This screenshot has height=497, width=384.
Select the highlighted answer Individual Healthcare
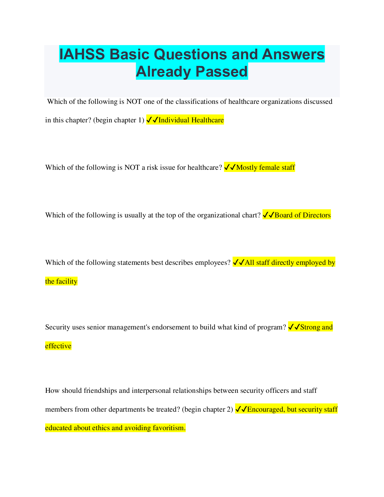[x=191, y=120]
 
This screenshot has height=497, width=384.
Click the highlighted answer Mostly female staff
[x=265, y=168]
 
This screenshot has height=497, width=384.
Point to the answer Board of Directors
[x=302, y=215]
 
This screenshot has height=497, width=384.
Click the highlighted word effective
[x=58, y=346]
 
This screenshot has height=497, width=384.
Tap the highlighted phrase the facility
[x=61, y=281]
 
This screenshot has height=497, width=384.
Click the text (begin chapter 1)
[x=119, y=120]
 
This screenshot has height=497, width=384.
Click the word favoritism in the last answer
[x=169, y=428]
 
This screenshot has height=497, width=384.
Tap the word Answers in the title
[x=293, y=54]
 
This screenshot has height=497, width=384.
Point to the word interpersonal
[x=152, y=391]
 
